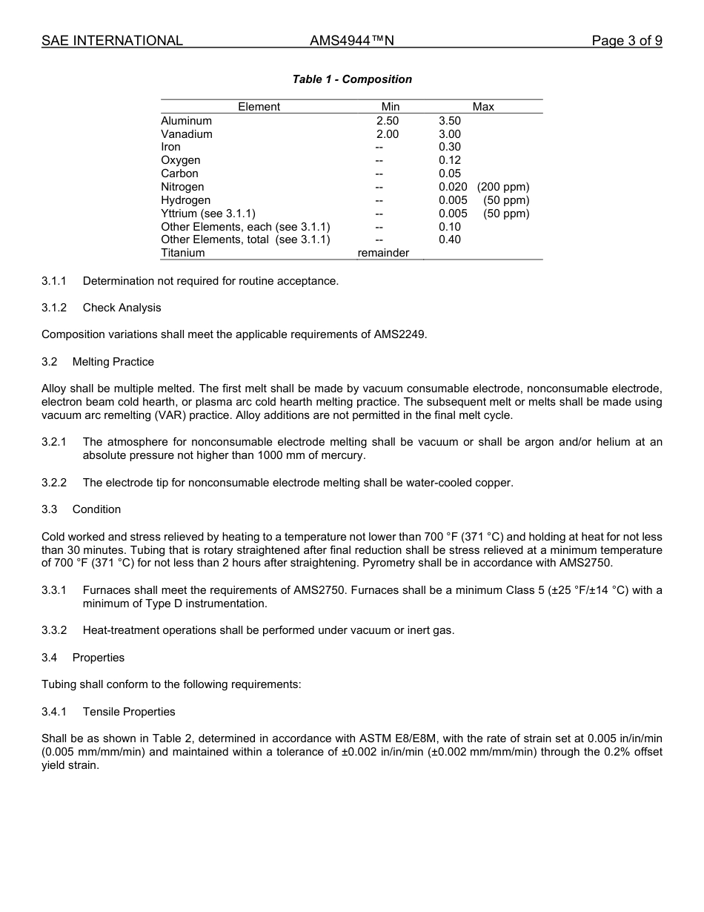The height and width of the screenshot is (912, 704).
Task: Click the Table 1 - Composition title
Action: [352, 79]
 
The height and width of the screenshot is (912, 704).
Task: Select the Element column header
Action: [259, 107]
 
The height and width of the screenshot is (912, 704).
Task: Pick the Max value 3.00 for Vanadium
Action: [450, 134]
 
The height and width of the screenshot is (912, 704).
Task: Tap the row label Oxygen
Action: [180, 160]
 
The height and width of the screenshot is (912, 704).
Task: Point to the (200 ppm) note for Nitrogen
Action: [503, 187]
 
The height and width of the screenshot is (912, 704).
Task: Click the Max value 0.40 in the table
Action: [450, 239]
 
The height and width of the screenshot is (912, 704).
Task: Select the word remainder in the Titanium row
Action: [383, 253]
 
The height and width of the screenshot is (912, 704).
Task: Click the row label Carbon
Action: [179, 174]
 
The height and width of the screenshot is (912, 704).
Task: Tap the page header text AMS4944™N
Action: [352, 41]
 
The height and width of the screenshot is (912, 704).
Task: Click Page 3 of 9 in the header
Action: [627, 41]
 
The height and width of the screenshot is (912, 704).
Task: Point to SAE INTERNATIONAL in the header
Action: [112, 41]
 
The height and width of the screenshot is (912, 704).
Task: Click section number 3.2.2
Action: [54, 483]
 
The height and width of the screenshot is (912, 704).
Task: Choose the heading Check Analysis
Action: [122, 308]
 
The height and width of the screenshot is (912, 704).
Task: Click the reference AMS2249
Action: [403, 334]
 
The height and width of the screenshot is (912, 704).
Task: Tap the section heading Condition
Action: [96, 509]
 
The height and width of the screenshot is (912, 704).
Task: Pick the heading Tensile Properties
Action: [129, 712]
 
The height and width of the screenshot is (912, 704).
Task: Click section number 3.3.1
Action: [54, 590]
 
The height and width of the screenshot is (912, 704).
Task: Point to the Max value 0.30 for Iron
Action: [450, 147]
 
